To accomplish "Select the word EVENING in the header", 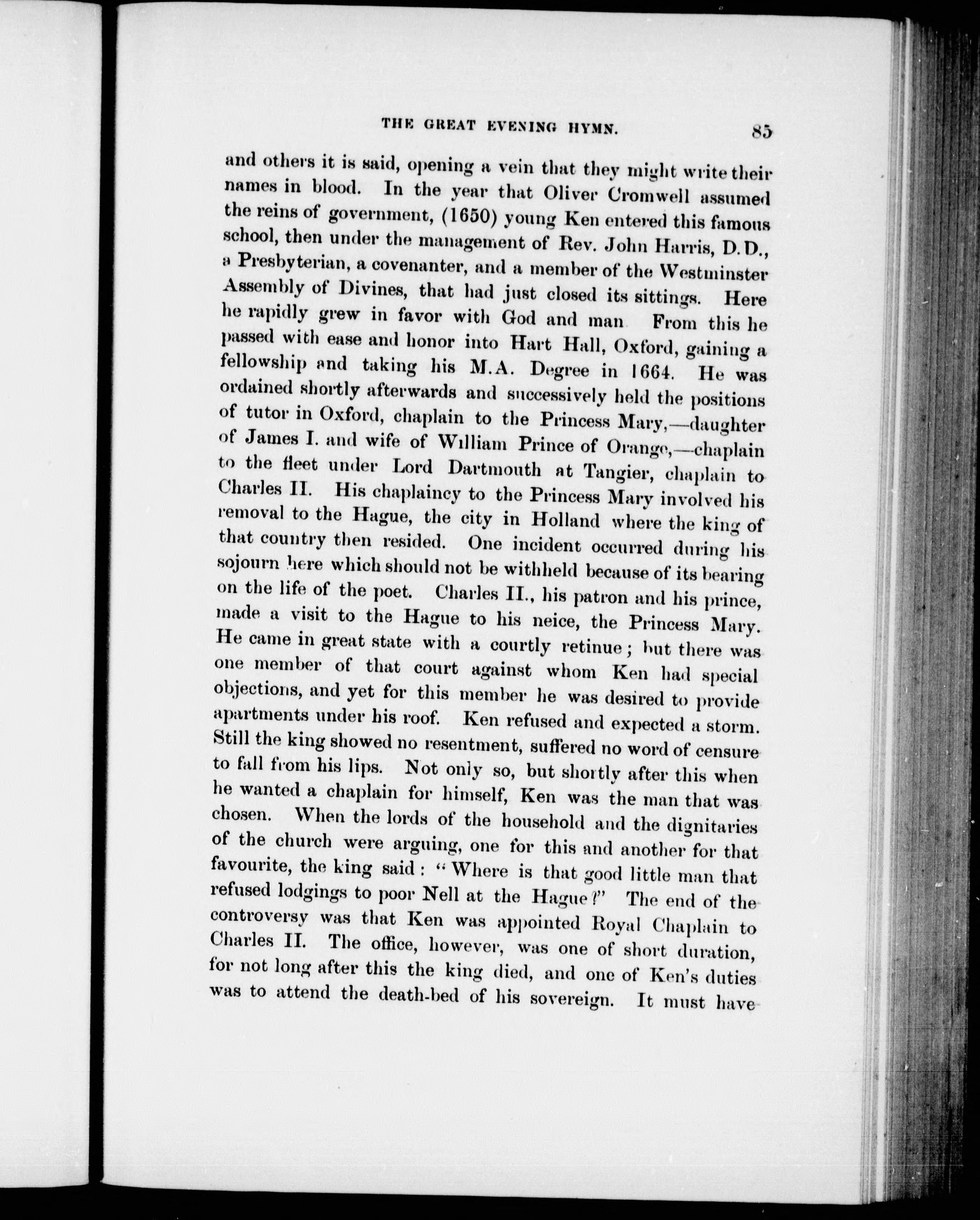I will click(516, 127).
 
